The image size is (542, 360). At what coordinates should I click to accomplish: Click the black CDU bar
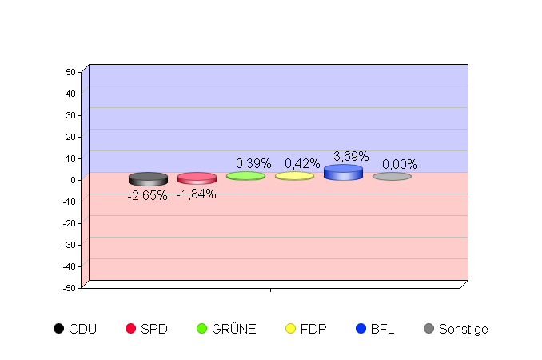(148, 179)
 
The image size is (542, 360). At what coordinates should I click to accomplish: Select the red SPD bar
(197, 178)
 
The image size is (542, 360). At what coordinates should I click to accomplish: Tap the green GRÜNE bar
(245, 176)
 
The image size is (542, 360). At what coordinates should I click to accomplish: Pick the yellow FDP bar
(294, 176)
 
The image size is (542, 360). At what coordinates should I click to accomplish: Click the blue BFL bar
(343, 173)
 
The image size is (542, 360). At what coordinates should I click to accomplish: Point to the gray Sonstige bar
(392, 176)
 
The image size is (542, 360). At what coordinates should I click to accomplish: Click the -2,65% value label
(148, 196)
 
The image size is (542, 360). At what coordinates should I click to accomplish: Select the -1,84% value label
(197, 194)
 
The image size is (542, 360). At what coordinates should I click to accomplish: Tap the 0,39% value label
(253, 164)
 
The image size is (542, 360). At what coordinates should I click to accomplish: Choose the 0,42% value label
(302, 164)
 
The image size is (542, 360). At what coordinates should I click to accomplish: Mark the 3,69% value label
(351, 156)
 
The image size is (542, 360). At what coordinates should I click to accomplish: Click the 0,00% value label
(400, 165)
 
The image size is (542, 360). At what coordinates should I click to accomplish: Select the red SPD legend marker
(132, 329)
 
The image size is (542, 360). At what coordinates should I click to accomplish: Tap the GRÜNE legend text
(234, 329)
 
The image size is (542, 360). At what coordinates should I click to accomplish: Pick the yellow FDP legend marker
(292, 329)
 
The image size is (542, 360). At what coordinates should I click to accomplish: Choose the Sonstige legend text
(463, 329)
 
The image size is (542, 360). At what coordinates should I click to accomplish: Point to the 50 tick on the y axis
(71, 72)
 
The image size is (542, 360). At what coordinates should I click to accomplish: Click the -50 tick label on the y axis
(70, 287)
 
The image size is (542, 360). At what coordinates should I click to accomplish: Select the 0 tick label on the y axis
(73, 180)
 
